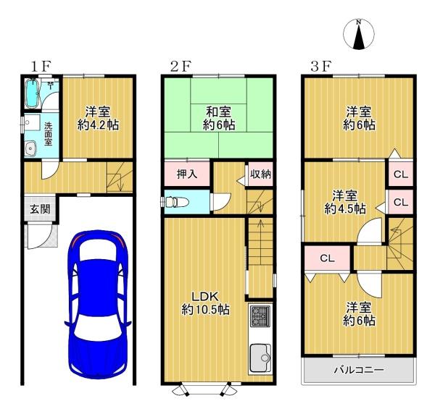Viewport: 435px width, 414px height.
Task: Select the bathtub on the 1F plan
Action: click(x=33, y=93)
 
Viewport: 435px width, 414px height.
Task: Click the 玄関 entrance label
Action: click(x=39, y=210)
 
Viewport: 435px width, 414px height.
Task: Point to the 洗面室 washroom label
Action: click(x=49, y=135)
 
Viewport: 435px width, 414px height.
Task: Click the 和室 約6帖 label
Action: click(x=218, y=117)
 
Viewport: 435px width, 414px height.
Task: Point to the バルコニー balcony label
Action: click(x=358, y=371)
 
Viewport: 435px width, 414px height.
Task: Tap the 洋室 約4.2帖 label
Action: click(x=98, y=118)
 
